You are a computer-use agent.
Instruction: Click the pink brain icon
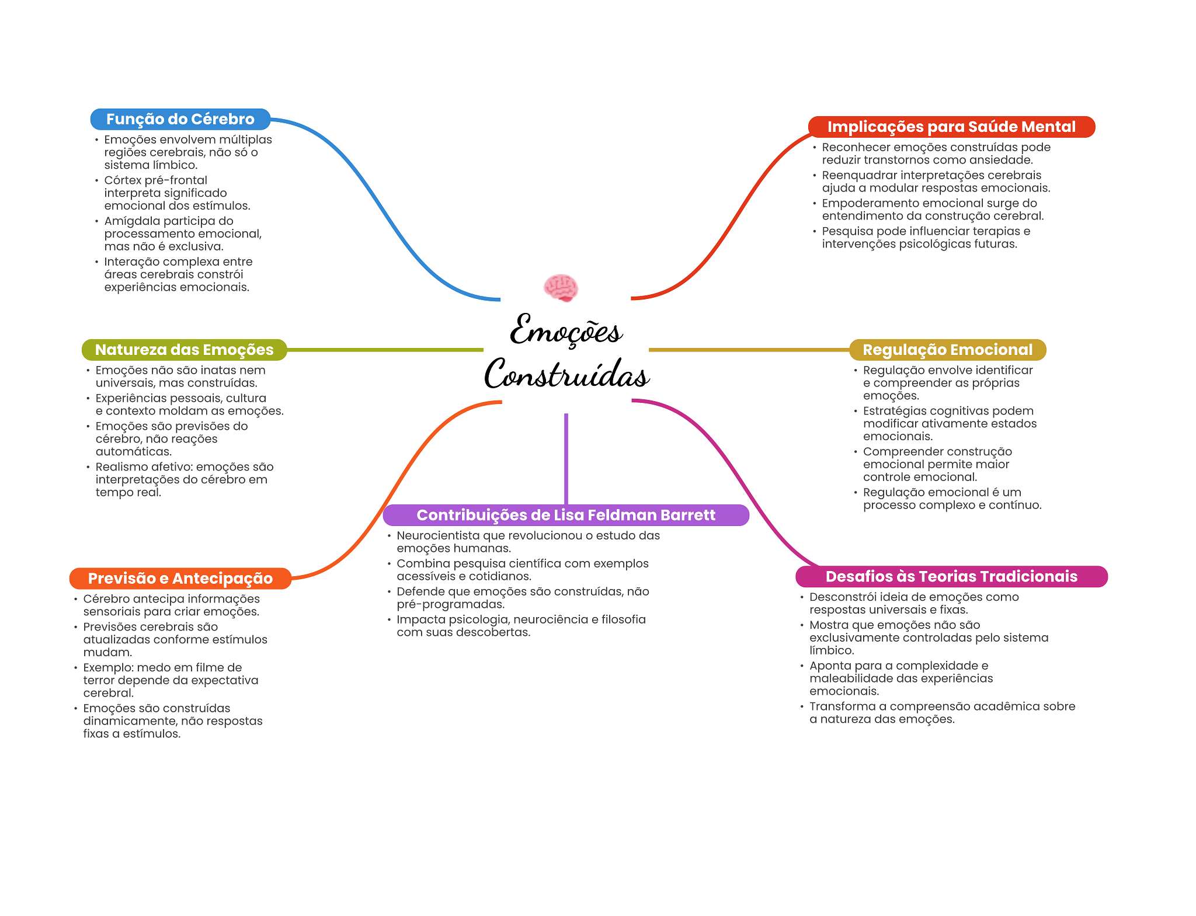click(x=561, y=287)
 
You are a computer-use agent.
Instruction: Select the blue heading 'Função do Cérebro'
click(x=180, y=119)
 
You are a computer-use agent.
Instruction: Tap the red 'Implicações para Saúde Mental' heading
click(x=951, y=127)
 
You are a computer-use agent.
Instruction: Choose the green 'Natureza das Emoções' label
click(x=184, y=350)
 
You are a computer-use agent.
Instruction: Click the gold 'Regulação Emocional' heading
click(x=947, y=350)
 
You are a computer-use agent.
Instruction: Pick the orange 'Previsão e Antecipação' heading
click(x=180, y=578)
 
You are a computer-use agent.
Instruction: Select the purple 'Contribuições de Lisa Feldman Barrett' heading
click(x=565, y=515)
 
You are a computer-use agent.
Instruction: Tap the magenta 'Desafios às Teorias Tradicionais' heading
click(x=951, y=576)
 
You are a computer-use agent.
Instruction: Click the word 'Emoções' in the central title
click(x=565, y=331)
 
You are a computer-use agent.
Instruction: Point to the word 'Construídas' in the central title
click(x=566, y=375)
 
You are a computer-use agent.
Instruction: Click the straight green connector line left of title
click(x=385, y=350)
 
